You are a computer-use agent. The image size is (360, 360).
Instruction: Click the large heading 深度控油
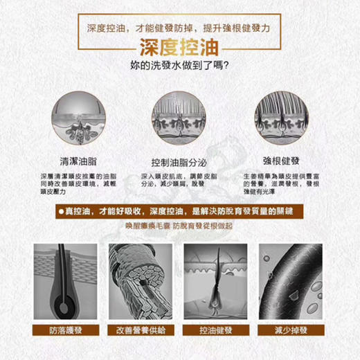[x=179, y=48]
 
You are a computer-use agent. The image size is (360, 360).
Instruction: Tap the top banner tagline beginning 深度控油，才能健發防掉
[x=179, y=28]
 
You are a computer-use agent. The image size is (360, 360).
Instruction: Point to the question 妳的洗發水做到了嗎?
[x=179, y=67]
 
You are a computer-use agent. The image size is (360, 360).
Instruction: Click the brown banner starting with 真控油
[x=179, y=210]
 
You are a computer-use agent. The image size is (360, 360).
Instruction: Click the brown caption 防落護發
[x=65, y=330]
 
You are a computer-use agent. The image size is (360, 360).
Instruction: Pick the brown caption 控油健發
[x=216, y=330]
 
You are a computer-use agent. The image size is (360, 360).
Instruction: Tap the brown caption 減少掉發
[x=291, y=330]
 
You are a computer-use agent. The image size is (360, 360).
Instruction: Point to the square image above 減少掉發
[x=291, y=280]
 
